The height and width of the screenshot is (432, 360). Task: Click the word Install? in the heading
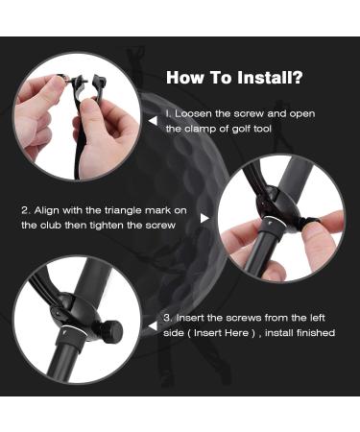[x=270, y=78]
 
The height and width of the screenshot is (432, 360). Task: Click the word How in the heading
[x=185, y=78]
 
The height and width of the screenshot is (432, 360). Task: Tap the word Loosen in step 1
[x=194, y=113]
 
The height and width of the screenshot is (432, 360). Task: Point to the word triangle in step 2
[x=123, y=210]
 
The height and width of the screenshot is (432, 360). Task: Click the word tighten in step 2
[x=107, y=226]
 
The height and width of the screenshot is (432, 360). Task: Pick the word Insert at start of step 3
[x=191, y=318]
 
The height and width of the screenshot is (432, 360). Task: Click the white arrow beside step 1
[x=154, y=121]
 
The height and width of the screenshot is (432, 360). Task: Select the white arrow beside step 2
[x=204, y=218]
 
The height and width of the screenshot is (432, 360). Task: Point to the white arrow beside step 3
[x=154, y=326]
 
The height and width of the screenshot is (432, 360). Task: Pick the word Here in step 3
[x=236, y=333]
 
